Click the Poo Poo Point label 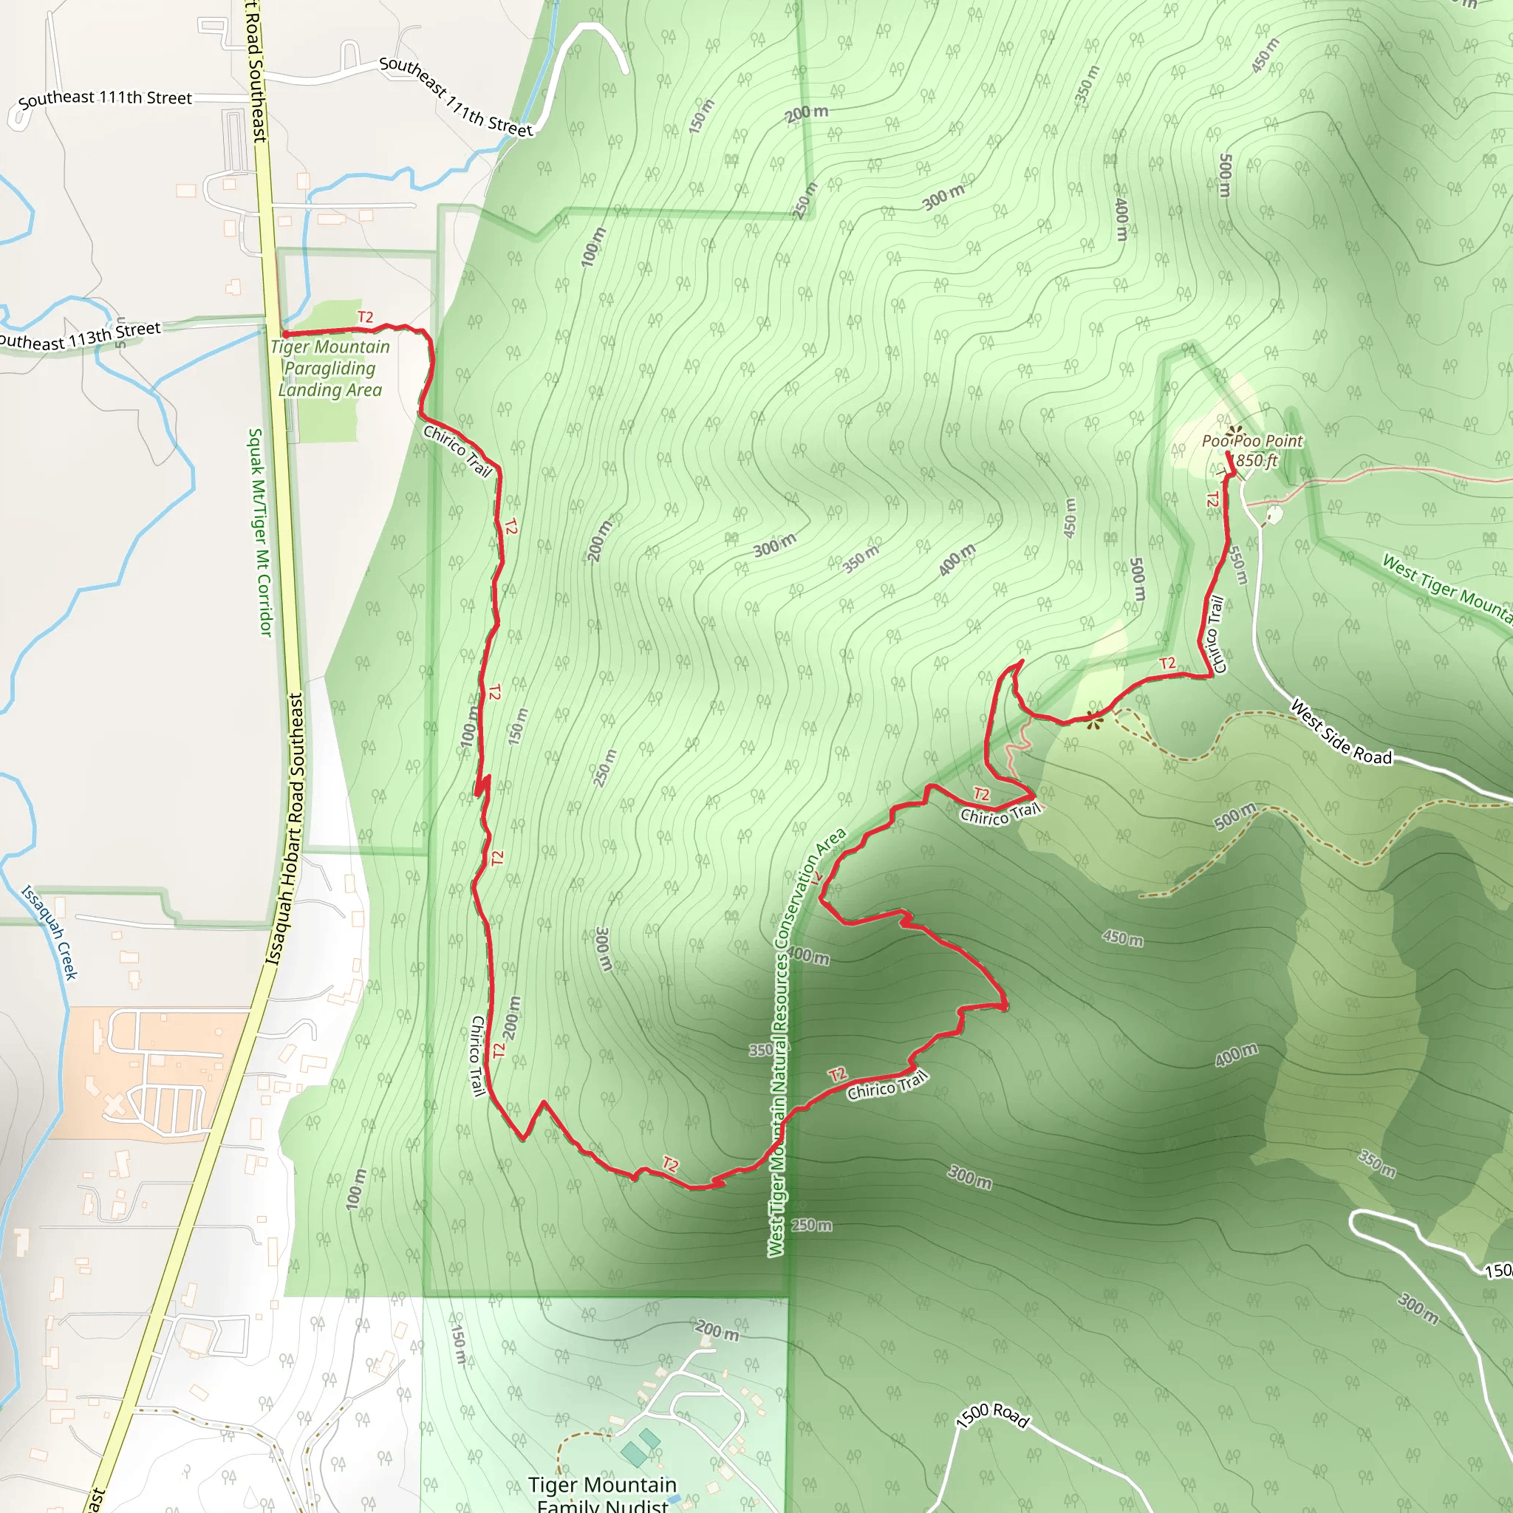tap(1251, 441)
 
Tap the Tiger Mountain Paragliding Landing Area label tap(329, 368)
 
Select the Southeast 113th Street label tap(78, 337)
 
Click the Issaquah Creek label tap(49, 932)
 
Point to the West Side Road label tap(1341, 732)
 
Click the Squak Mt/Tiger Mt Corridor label tap(261, 532)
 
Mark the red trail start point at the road tap(286, 335)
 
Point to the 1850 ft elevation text tap(1254, 460)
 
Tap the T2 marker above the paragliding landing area tap(365, 317)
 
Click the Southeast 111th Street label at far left tap(104, 98)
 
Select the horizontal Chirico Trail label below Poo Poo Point tap(1001, 814)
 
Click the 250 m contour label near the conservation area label tap(811, 1225)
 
